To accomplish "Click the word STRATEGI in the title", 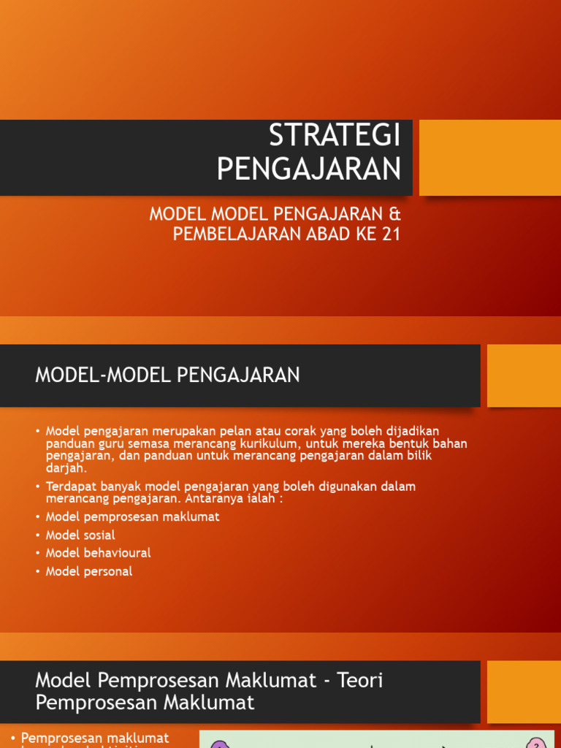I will click(x=335, y=136).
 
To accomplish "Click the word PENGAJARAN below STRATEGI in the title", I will click(x=309, y=169).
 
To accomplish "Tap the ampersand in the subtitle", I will click(x=394, y=215).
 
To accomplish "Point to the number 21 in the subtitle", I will click(x=390, y=234).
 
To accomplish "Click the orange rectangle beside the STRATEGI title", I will click(x=489, y=158).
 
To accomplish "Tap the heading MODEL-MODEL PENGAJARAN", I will click(x=167, y=375).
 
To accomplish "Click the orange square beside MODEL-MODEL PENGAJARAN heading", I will click(x=523, y=375).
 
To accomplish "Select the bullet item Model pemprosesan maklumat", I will click(x=132, y=516).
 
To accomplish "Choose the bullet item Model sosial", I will click(x=80, y=535).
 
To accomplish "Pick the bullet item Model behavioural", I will click(x=98, y=553).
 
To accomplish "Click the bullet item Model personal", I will click(x=89, y=571).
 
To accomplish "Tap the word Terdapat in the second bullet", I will click(x=69, y=486).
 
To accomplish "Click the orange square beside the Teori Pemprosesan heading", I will click(x=523, y=692).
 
